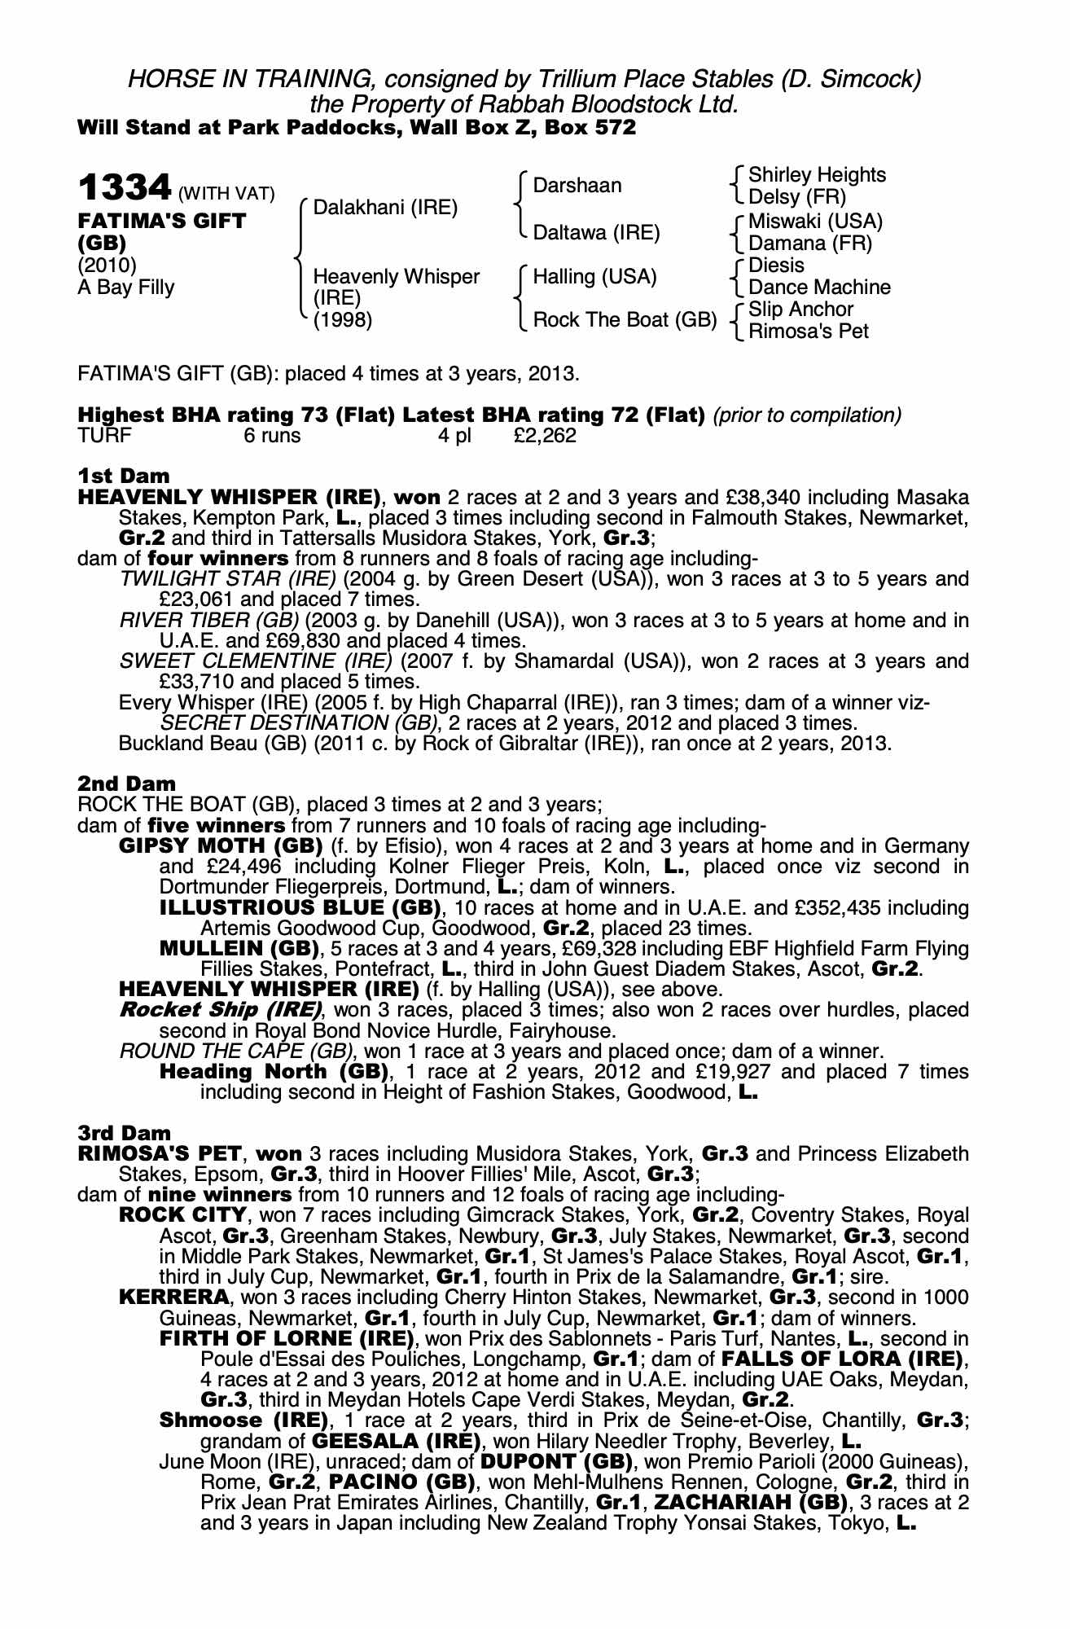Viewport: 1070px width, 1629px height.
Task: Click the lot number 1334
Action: pos(125,189)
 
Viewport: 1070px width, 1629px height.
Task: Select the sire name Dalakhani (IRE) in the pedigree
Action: pos(385,208)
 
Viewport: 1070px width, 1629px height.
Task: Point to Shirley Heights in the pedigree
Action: pos(817,175)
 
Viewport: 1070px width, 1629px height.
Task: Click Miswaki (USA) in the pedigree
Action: pos(815,222)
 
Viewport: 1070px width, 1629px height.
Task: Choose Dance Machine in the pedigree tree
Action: pos(819,288)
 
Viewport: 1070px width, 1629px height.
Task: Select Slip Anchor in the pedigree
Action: pos(800,310)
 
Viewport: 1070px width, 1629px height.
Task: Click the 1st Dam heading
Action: pos(124,475)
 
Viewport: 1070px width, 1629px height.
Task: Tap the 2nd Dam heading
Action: pos(126,784)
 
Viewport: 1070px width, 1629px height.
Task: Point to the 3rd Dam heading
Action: pos(125,1133)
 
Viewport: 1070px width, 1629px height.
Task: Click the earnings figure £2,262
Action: pos(545,436)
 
